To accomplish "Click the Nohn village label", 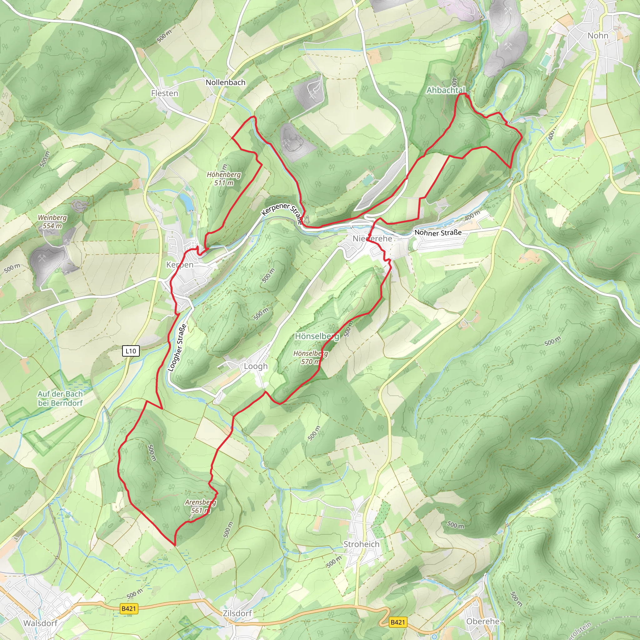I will [x=597, y=35].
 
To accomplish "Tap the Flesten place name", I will [x=165, y=93].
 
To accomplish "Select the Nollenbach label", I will [x=226, y=82].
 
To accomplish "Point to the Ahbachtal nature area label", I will [x=446, y=90].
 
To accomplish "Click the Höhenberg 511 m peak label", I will [x=224, y=178].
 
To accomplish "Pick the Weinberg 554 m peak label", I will [x=52, y=222].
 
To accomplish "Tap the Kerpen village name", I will [x=180, y=265].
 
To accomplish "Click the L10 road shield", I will [x=131, y=351].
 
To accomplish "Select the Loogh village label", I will [x=256, y=366].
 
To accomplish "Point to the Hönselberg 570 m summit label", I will [x=310, y=357].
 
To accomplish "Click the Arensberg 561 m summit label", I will [x=201, y=506].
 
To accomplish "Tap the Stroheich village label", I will [x=362, y=544].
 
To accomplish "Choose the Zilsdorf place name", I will [x=237, y=613].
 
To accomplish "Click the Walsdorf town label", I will [x=40, y=623].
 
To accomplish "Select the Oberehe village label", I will [x=482, y=621].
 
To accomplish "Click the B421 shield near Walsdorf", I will [x=128, y=608].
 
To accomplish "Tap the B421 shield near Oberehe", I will [x=398, y=622].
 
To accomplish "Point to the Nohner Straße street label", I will [x=438, y=232].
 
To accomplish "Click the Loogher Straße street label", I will [x=177, y=347].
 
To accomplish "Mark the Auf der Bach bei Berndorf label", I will [x=60, y=398].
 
